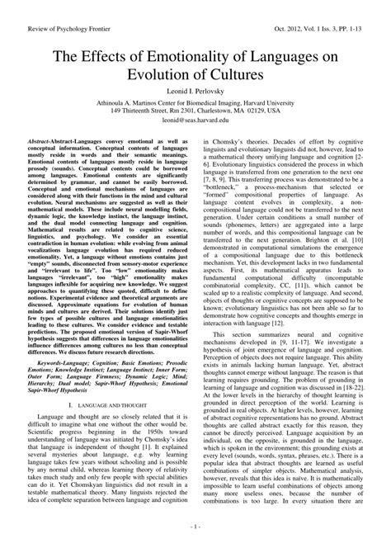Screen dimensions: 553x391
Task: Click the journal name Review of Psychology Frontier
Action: tap(56, 10)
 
